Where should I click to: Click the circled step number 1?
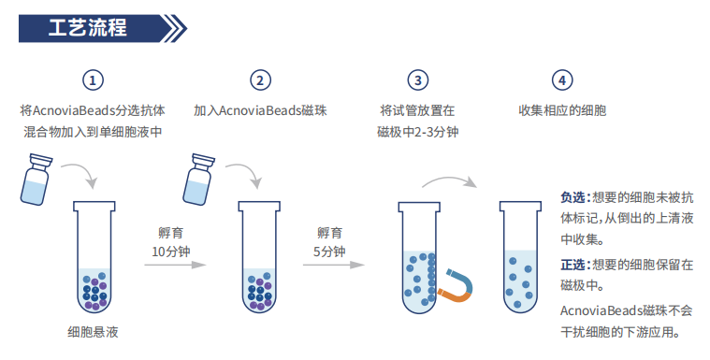93,80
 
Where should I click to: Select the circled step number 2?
261,80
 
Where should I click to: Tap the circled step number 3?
418,80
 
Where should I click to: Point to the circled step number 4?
562,80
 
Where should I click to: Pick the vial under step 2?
198,180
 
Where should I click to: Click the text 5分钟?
329,252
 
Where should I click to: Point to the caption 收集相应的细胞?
562,110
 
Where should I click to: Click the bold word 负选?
572,196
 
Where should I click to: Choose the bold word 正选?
572,265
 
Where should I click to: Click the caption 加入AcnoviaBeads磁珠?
260,110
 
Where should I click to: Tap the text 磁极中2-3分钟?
418,132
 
